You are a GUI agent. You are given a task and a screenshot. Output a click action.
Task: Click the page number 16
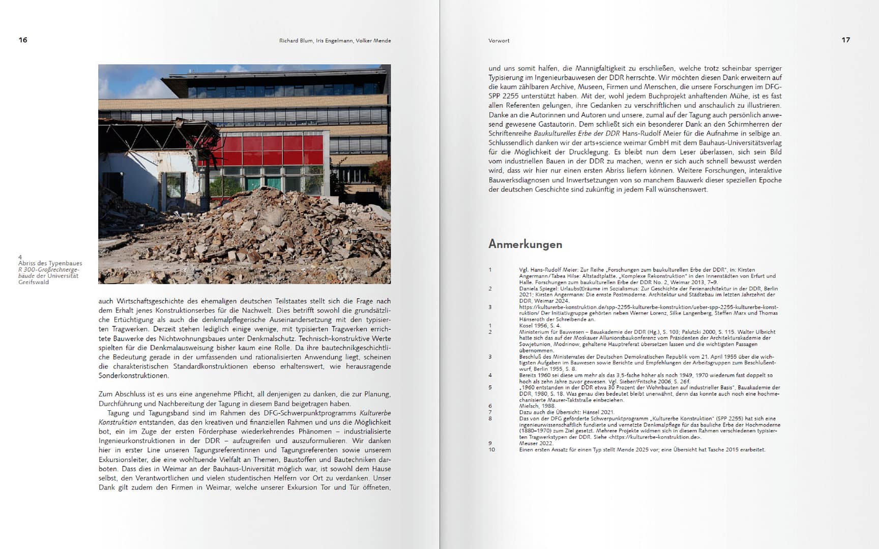(x=23, y=40)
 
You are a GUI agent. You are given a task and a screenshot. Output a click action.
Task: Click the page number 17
(x=845, y=40)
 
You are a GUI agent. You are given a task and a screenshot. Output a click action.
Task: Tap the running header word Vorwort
(x=499, y=41)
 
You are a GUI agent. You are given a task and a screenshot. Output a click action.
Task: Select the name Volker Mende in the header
(x=373, y=41)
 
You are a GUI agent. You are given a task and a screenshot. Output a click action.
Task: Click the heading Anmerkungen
(x=525, y=245)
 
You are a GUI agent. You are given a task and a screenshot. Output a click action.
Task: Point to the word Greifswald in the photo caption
(x=34, y=282)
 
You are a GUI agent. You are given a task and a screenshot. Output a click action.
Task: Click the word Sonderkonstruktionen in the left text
(x=133, y=376)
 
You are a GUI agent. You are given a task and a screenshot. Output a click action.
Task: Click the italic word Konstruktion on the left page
(x=118, y=422)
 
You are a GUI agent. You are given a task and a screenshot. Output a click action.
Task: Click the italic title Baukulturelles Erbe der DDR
(x=576, y=134)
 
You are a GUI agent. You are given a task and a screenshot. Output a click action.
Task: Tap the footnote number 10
(x=491, y=450)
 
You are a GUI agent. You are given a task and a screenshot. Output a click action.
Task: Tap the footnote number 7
(x=490, y=412)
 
